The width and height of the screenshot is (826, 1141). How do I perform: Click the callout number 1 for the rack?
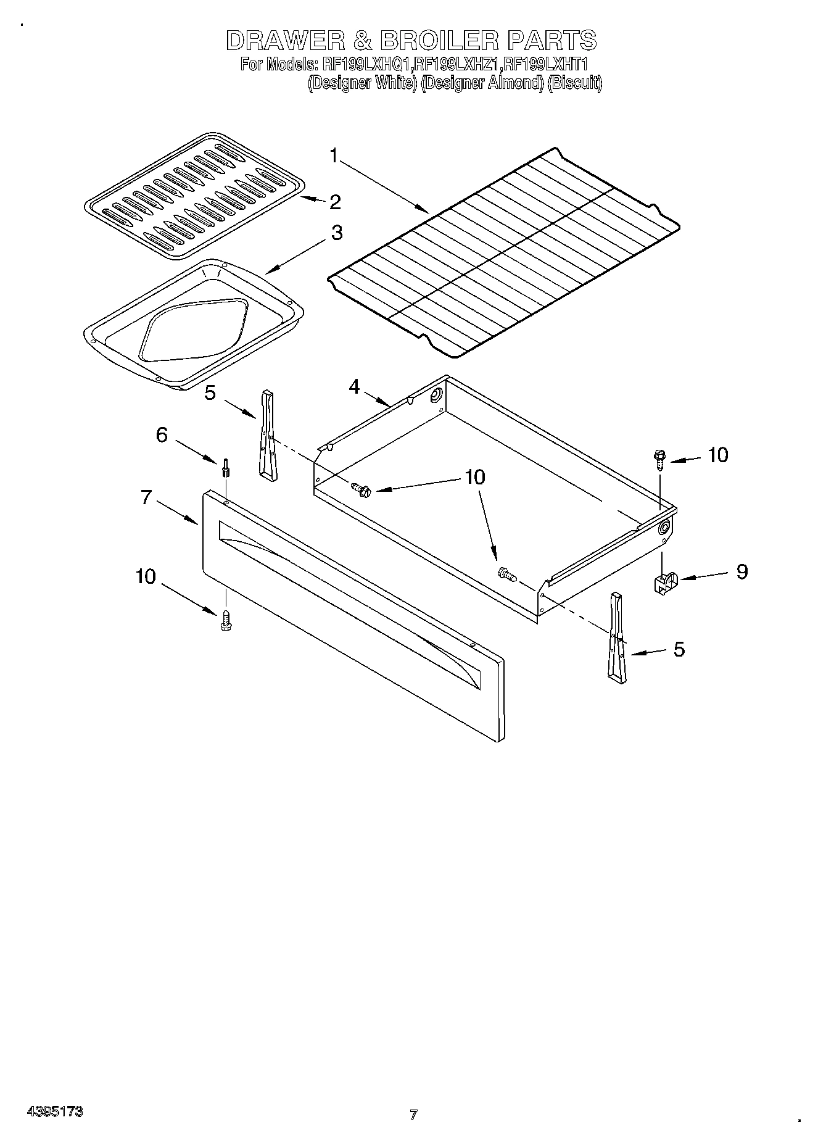[x=334, y=156]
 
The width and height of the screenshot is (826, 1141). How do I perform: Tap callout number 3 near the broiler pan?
[x=336, y=233]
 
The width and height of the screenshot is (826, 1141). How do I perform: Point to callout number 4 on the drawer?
[x=354, y=387]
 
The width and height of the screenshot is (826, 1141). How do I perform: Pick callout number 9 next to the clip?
[x=741, y=571]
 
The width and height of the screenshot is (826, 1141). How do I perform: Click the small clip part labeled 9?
[x=665, y=581]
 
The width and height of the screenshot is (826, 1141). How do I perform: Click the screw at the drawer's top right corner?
[x=659, y=460]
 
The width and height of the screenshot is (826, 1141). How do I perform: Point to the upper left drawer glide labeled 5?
[x=268, y=435]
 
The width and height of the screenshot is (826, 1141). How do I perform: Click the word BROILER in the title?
[x=439, y=41]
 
